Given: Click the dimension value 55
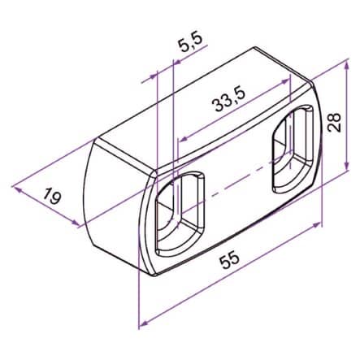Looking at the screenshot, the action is coord(230,260).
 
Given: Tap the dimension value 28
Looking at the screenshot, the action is coord(334,123).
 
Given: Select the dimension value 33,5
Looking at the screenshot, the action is coord(230,101).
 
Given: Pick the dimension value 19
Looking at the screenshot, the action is coord(51,196).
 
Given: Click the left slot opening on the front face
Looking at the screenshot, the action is coord(180,214).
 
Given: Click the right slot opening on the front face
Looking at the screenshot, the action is coord(293,149).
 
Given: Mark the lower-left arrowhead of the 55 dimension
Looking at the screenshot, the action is coord(145,323).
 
